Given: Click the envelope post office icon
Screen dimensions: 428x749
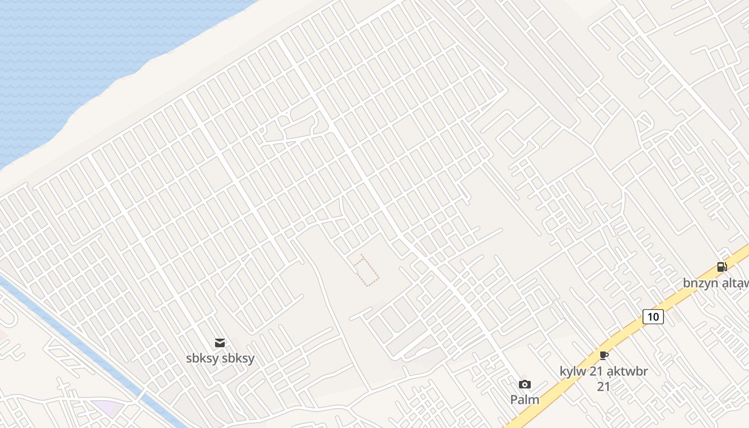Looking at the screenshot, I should (220, 343).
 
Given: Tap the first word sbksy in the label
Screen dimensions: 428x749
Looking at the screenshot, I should (202, 358).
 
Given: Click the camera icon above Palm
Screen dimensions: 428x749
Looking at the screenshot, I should (525, 384).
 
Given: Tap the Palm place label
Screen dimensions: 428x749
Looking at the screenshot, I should (525, 400).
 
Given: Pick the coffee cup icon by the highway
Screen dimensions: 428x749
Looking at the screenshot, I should (604, 355).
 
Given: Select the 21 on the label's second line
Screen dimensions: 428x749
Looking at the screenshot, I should (603, 386).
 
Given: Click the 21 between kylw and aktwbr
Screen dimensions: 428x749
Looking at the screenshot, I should (597, 371).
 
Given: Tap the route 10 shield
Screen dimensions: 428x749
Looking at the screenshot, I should (653, 317).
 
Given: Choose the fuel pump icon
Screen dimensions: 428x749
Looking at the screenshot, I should (722, 266).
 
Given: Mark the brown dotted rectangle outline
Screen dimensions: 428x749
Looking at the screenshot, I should (366, 270).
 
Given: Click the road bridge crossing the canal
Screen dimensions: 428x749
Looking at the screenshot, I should (142, 396).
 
